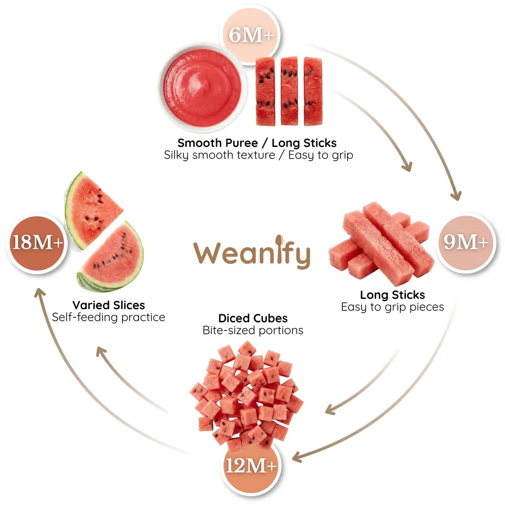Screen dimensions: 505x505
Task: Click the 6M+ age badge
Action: click(x=251, y=35)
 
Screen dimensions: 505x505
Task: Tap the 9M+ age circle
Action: click(x=466, y=243)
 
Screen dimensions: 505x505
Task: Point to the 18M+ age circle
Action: click(x=37, y=243)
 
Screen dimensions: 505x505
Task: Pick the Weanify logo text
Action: click(x=252, y=252)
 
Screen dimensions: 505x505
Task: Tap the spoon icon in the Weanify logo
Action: click(x=279, y=240)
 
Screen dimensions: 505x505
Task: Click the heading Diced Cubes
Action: click(x=253, y=318)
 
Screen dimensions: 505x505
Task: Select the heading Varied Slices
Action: click(x=109, y=305)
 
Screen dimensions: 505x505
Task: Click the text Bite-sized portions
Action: click(x=253, y=330)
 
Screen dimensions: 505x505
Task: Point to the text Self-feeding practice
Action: click(x=108, y=317)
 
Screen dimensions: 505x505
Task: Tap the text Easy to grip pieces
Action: click(x=392, y=307)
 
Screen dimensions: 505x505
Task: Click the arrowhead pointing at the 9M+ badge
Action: click(x=456, y=194)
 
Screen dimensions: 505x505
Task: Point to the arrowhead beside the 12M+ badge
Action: click(x=298, y=457)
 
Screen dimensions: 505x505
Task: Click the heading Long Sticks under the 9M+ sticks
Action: click(x=392, y=295)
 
